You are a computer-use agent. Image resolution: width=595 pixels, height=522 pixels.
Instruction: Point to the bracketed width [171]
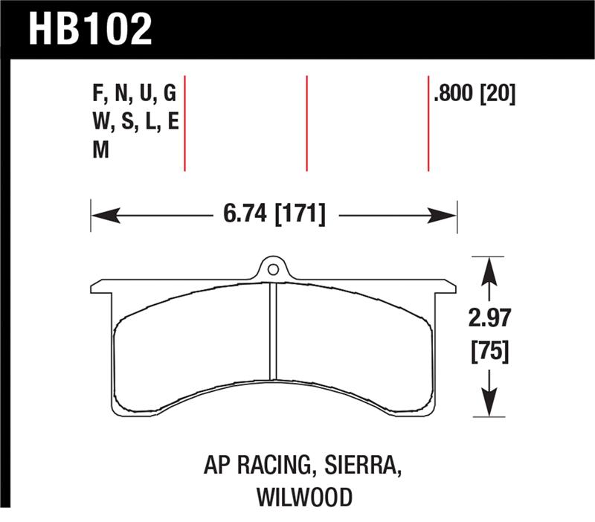point(300,216)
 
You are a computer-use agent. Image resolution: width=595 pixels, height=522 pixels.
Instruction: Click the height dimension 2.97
point(489,320)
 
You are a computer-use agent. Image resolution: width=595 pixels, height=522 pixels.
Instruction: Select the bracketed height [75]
point(489,351)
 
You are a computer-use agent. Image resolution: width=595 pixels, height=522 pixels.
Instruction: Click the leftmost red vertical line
point(184,123)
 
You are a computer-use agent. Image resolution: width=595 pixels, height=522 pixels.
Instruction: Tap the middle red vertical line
point(306,123)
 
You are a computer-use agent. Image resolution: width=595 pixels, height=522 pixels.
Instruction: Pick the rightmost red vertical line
point(428,123)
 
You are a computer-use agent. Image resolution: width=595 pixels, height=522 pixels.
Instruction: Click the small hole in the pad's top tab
point(273,269)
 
